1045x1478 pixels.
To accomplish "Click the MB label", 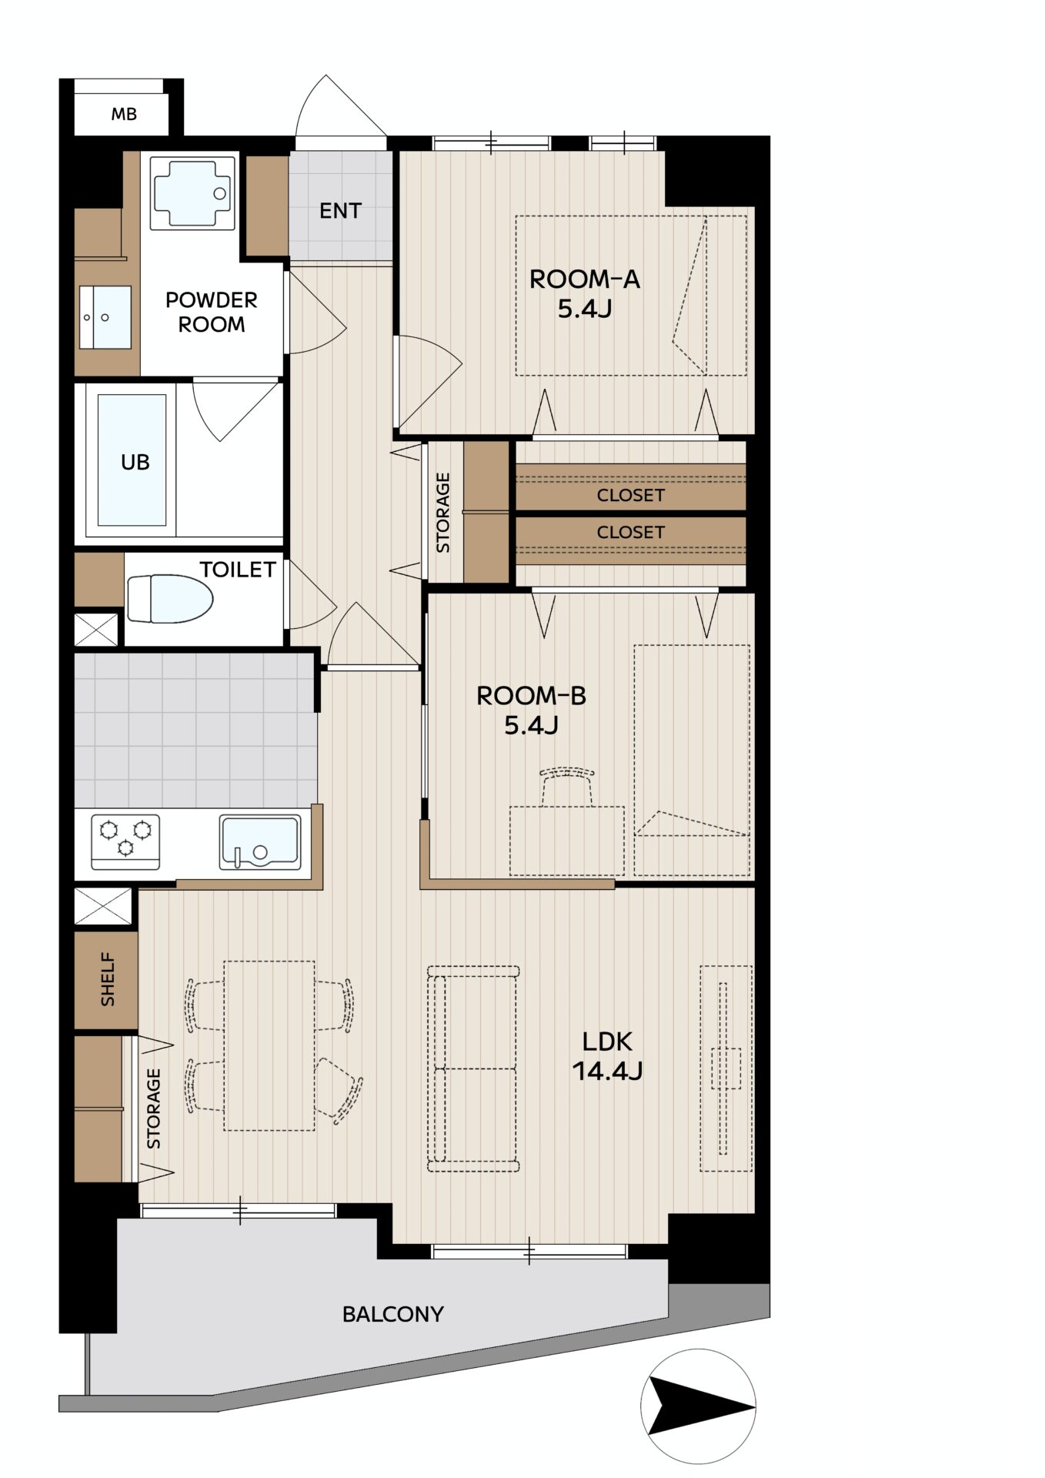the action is (x=124, y=115).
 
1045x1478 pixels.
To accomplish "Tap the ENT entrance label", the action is (x=340, y=211).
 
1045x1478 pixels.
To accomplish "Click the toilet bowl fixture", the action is (x=170, y=599).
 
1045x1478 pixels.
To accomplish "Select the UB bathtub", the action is (x=132, y=460).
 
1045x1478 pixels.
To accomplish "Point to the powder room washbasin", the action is (x=105, y=317).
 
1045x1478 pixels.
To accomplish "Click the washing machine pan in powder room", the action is (x=192, y=193).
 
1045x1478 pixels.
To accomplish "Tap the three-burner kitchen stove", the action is (x=125, y=841).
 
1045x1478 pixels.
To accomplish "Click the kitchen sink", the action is (x=260, y=841).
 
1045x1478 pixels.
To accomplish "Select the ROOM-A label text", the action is (x=585, y=279).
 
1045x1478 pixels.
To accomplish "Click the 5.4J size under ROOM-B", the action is (x=531, y=725).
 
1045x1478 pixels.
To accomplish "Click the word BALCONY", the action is (x=393, y=1314).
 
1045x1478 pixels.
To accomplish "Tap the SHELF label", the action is (x=107, y=980).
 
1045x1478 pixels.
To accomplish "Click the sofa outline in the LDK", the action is (x=473, y=1068).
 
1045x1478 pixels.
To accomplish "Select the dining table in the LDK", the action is (x=269, y=1045).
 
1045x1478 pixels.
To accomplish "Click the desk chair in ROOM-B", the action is (x=568, y=785).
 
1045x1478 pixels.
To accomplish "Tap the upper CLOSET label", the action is (x=630, y=495).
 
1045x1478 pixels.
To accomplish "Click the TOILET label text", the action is (x=238, y=570).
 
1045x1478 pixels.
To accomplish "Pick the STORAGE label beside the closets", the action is (x=443, y=513).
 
